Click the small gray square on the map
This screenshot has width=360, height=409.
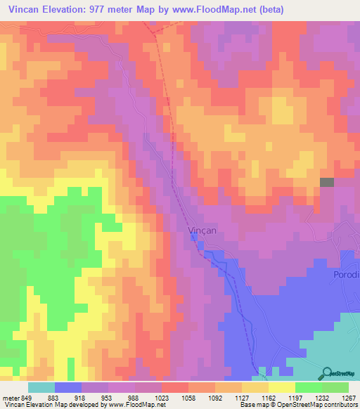pyautogui.click(x=327, y=183)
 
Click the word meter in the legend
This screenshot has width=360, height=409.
pyautogui.click(x=10, y=397)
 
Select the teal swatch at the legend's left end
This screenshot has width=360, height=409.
pyautogui.click(x=41, y=387)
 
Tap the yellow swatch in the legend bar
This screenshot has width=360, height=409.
pyautogui.click(x=281, y=387)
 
